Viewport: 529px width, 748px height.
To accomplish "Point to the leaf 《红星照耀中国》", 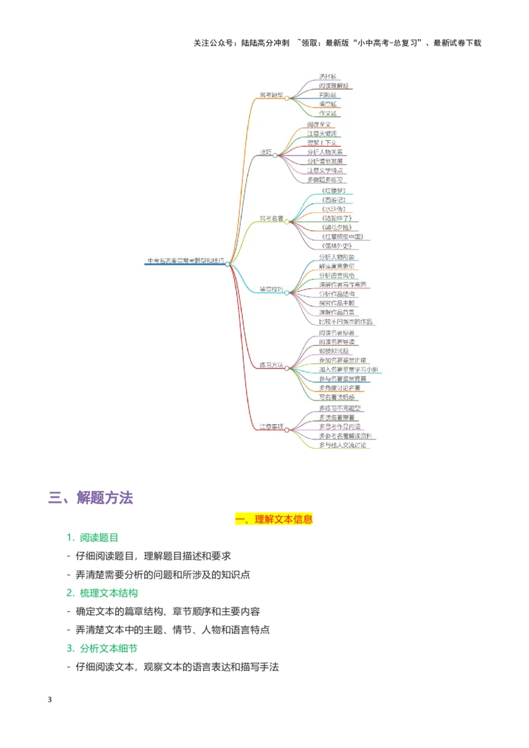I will [341, 237].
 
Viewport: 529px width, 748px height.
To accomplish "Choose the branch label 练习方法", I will [271, 365].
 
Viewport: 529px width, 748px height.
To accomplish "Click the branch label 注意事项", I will [271, 427].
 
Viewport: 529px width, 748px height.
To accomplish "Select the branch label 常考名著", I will [271, 218].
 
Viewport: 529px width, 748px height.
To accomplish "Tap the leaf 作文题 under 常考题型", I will [328, 114].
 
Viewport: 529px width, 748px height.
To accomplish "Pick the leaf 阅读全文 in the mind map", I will [321, 124].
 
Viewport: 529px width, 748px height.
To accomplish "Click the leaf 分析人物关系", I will [329, 152].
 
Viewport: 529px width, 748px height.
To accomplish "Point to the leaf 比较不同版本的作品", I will [346, 322].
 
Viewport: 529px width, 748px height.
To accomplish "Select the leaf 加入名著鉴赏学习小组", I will [348, 369].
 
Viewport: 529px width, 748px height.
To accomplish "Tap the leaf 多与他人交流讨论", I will [343, 445].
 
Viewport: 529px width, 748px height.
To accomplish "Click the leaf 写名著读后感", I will [337, 397].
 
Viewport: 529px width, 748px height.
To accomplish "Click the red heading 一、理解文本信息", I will [274, 519].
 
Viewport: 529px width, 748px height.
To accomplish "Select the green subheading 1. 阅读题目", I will [92, 537].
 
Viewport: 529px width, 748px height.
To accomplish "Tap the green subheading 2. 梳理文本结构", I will [102, 593].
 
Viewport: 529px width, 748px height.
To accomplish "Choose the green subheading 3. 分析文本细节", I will [102, 648].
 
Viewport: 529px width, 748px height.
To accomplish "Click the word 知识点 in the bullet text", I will [235, 574].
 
